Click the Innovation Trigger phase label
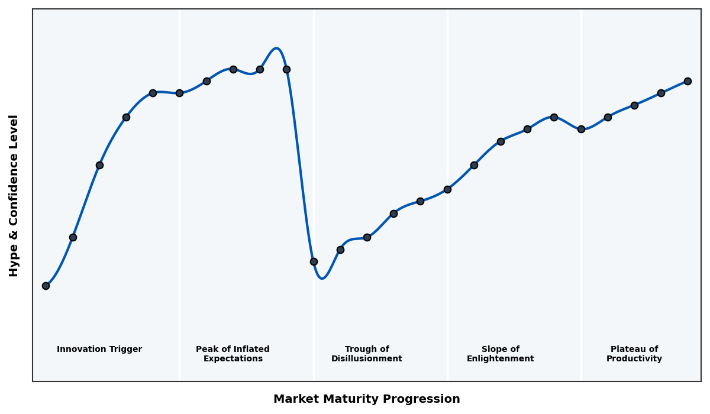99,350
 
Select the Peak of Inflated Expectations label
233,354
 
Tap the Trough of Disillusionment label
367,354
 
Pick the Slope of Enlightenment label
501,354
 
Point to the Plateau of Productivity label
634,354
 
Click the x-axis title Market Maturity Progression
367,399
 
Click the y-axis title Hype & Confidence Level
14,195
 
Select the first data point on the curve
46,286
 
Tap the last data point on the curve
688,81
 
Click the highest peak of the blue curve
276,48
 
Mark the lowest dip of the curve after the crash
322,278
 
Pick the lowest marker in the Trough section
314,261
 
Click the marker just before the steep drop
286,69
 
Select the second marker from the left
73,237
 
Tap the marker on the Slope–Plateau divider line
581,129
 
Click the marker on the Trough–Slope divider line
447,189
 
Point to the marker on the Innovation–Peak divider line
179,93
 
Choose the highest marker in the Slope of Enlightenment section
554,117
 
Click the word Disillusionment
367,359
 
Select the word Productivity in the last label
634,359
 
